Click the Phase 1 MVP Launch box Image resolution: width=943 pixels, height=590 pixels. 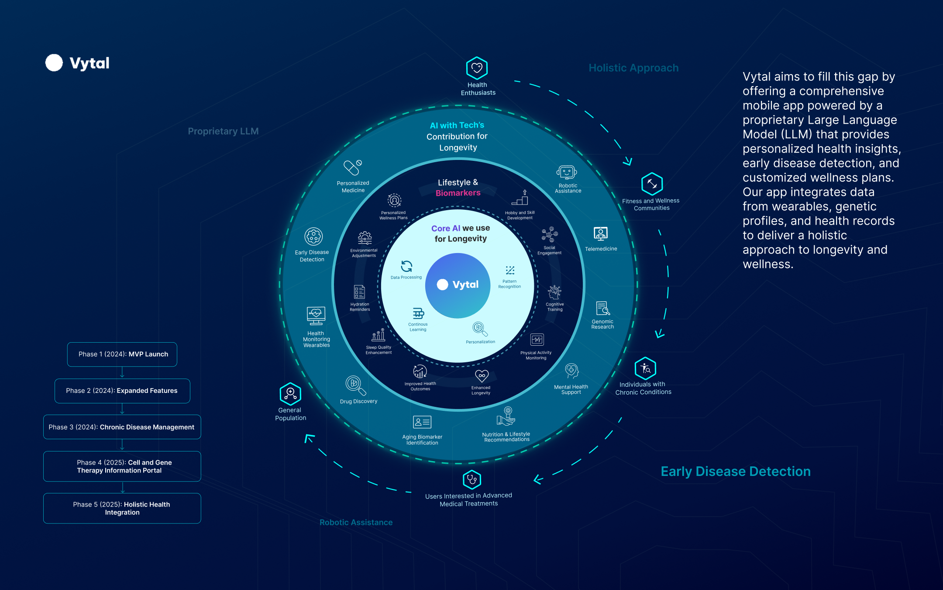(122, 354)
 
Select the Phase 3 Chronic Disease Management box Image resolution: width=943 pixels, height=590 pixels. (122, 427)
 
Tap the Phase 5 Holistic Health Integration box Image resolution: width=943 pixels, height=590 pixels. (122, 508)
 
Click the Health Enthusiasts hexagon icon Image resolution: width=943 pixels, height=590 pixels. (477, 68)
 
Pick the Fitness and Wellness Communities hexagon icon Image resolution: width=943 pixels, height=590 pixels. (652, 184)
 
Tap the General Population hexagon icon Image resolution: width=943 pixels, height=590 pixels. (290, 394)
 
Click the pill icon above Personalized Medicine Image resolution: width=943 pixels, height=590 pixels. (352, 167)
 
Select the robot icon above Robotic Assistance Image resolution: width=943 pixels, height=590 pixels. (567, 173)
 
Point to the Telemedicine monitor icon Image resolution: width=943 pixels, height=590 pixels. (601, 234)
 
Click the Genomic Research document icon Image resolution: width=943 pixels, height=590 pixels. (602, 309)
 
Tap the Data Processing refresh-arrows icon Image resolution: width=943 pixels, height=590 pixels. (406, 266)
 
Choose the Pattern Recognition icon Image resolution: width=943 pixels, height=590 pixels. (510, 271)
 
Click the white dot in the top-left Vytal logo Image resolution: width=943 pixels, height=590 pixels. (54, 63)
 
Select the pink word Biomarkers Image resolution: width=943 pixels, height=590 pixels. (458, 193)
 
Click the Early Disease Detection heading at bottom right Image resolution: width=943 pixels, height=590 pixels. (736, 472)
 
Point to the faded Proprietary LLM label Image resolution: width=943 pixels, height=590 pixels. (223, 131)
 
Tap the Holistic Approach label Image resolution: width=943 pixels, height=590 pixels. (633, 68)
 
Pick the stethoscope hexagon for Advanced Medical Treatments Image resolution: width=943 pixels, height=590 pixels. (472, 480)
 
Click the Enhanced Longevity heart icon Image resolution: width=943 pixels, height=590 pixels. (482, 376)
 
